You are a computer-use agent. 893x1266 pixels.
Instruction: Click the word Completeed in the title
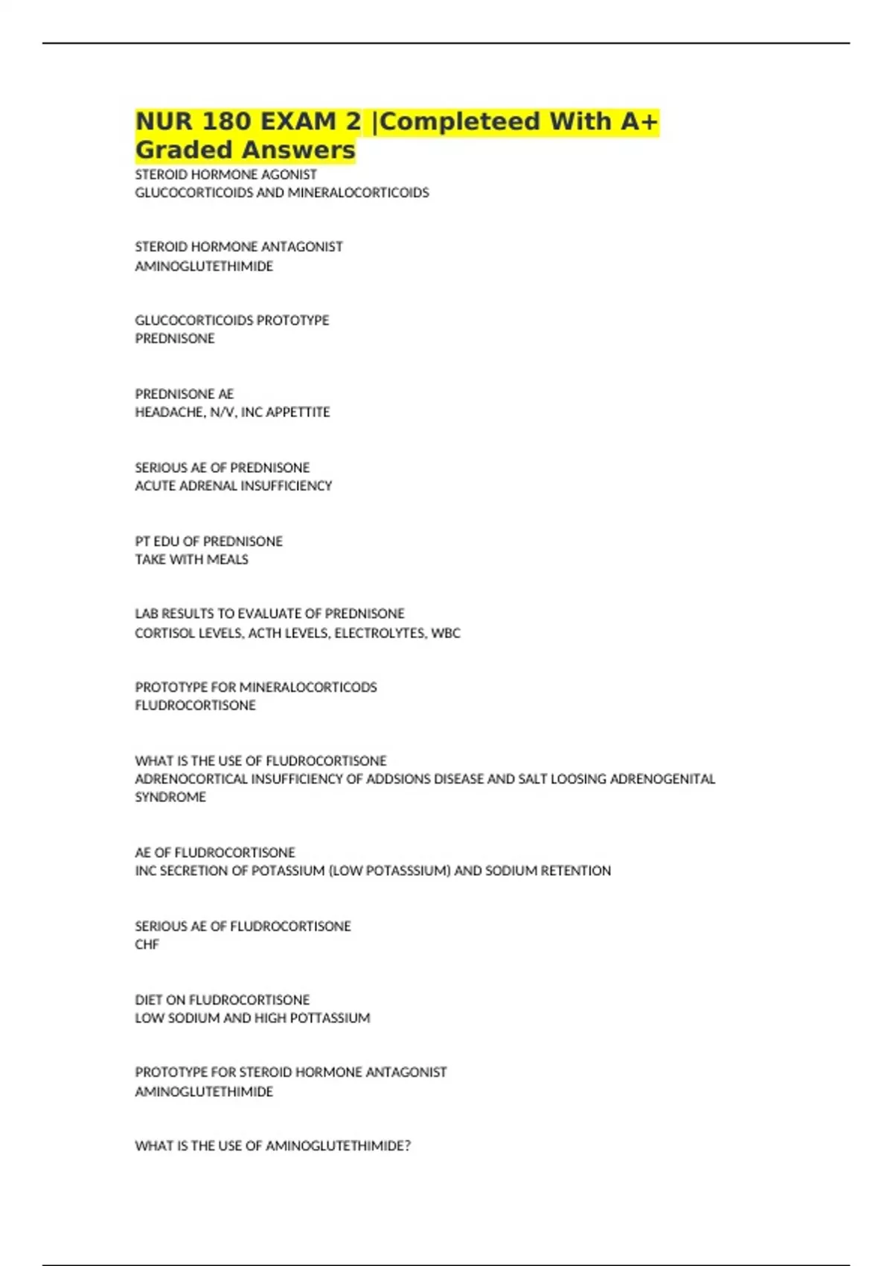(459, 121)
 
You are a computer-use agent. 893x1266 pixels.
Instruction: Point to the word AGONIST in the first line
(288, 174)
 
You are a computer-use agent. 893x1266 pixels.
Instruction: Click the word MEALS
(228, 559)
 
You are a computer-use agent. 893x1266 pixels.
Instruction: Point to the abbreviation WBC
(446, 633)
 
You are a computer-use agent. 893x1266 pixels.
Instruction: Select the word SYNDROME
(170, 797)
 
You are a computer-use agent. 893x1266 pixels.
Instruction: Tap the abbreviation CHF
(147, 944)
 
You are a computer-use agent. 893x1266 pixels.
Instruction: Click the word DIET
(148, 999)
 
